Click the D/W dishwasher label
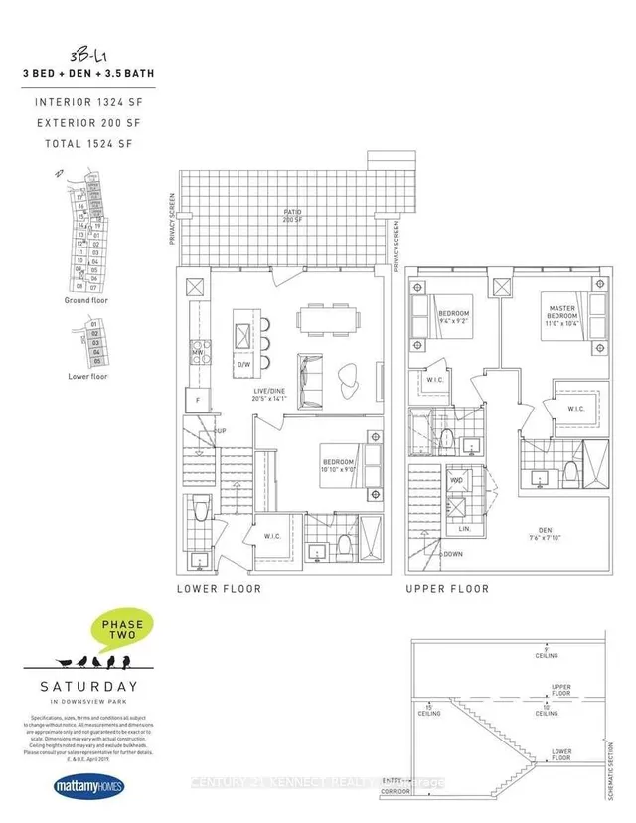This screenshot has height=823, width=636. pyautogui.click(x=242, y=366)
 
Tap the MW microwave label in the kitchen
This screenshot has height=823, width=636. pyautogui.click(x=198, y=352)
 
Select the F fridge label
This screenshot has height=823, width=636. pyautogui.click(x=197, y=399)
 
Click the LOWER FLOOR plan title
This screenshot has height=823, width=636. pyautogui.click(x=220, y=589)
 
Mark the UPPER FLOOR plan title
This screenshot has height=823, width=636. pyautogui.click(x=447, y=589)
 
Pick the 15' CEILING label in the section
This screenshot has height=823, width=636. pyautogui.click(x=428, y=709)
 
